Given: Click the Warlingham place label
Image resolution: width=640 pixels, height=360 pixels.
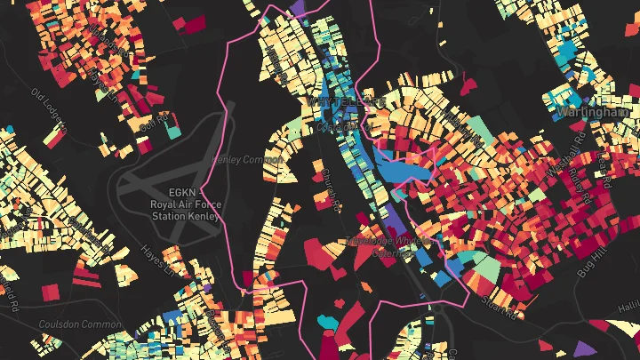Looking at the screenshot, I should (x=593, y=113).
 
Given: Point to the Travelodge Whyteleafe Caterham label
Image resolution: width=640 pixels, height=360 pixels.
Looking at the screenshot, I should (x=391, y=246).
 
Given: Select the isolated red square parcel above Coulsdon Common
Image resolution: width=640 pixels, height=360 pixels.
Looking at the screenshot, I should (x=50, y=292).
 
